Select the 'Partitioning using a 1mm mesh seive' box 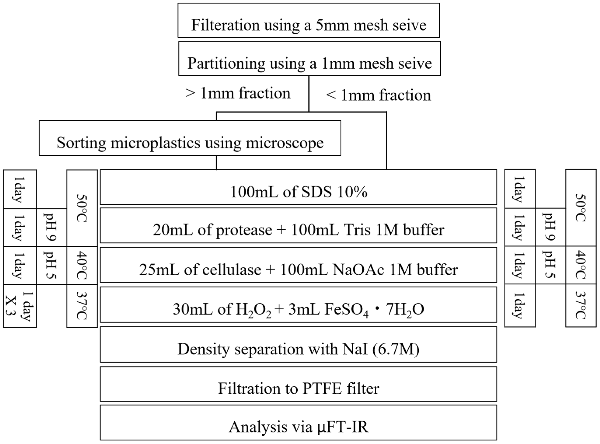[309, 59]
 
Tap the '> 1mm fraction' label [238, 94]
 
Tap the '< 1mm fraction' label [378, 95]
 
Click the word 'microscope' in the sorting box [285, 143]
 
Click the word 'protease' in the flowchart [244, 230]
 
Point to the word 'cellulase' [232, 270]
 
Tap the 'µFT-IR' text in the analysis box [341, 427]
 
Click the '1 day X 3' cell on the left [20, 306]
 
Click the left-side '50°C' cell [82, 208]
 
